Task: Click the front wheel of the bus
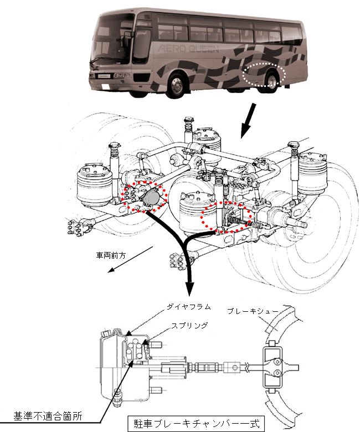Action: tap(177, 87)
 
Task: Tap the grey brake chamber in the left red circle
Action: tap(150, 198)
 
